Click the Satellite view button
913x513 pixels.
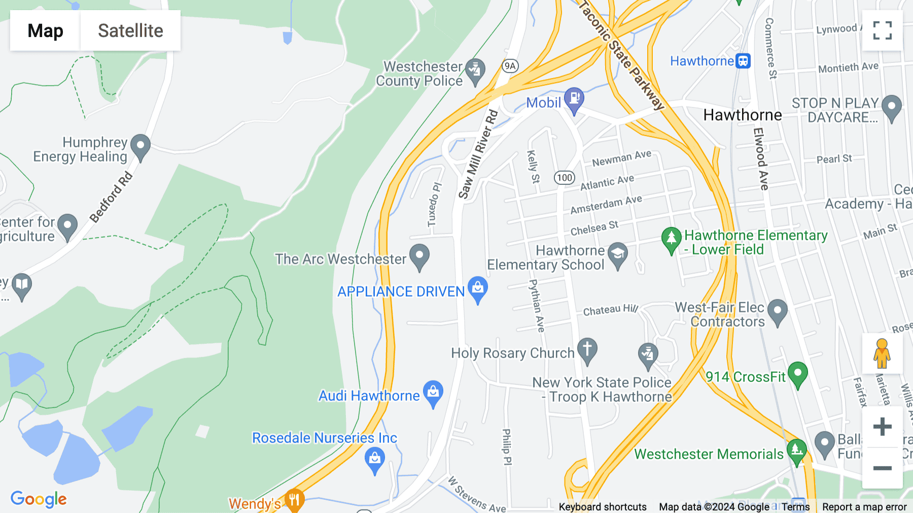pos(130,30)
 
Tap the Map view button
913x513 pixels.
pos(45,30)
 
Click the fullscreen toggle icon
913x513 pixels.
pos(882,30)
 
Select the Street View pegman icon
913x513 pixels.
pos(882,354)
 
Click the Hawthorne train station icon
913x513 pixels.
pos(743,61)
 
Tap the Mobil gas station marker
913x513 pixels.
pos(574,99)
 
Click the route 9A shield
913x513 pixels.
pos(510,66)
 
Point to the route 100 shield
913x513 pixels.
pos(564,178)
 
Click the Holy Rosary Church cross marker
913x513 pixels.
pos(587,350)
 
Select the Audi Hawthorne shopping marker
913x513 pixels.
pos(433,393)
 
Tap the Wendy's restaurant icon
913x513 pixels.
pos(294,500)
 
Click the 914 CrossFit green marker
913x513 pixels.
pos(797,374)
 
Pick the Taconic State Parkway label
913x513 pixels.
pos(621,55)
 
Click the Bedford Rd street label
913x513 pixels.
pos(111,197)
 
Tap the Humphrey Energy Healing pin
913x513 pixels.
pos(141,146)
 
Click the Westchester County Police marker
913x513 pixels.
pos(475,71)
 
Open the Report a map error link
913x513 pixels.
pos(864,507)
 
